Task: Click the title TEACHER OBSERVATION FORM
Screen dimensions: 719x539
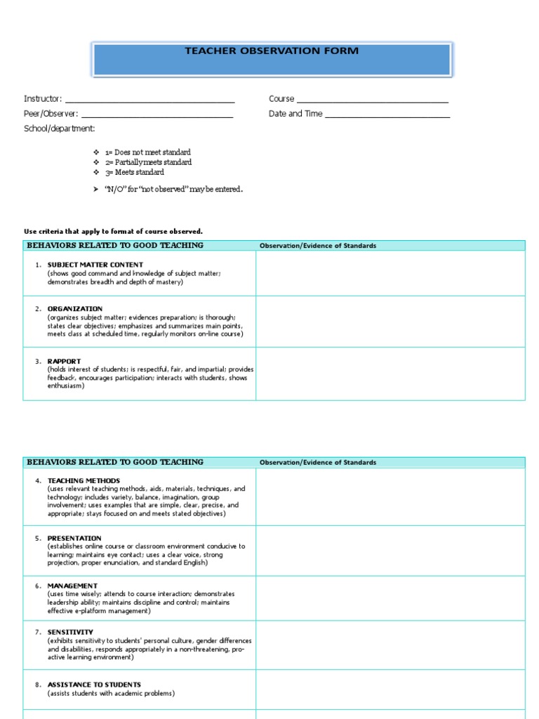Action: [x=271, y=51]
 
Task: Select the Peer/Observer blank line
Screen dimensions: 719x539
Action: [x=157, y=115]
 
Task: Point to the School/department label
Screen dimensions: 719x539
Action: [x=59, y=128]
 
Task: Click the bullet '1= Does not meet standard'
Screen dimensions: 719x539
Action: [x=147, y=152]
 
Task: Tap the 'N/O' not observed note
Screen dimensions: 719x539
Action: [x=173, y=190]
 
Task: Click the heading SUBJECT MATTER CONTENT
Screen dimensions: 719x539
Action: [x=95, y=265]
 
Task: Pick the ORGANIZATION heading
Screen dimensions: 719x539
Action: [x=74, y=309]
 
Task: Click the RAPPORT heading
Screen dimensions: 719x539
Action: [x=64, y=361]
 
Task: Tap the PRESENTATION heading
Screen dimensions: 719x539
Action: [x=74, y=538]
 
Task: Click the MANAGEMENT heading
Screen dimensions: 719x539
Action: [x=72, y=586]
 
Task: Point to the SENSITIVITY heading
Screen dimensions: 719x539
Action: [x=70, y=632]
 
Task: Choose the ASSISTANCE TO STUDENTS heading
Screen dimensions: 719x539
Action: [x=94, y=685]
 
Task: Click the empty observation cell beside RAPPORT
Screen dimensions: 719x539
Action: [x=390, y=374]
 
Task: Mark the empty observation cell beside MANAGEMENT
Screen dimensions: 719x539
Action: [x=390, y=598]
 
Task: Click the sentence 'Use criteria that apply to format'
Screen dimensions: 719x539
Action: [x=113, y=232]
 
